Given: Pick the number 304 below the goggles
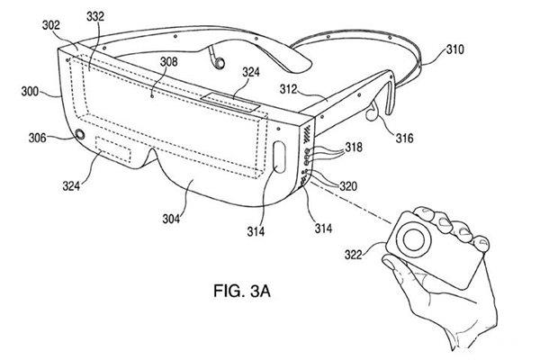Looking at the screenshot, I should [x=172, y=219].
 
